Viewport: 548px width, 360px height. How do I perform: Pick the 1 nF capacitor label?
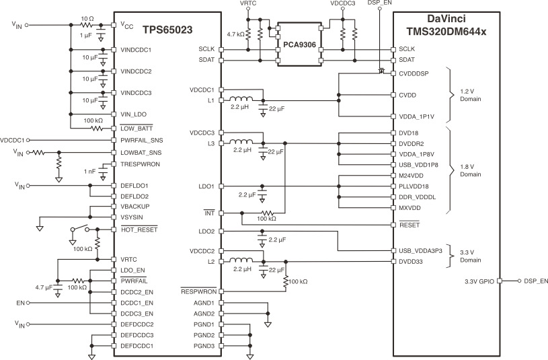point(90,172)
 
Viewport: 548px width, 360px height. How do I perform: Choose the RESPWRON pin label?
point(197,291)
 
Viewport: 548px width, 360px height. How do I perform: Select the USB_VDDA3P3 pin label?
point(420,250)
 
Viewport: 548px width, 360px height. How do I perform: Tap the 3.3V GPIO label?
point(479,281)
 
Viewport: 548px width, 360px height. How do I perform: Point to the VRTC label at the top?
point(248,4)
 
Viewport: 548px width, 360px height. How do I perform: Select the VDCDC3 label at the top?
point(343,4)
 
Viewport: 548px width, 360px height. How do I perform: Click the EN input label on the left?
point(20,303)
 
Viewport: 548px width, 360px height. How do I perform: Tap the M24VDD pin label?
point(410,175)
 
